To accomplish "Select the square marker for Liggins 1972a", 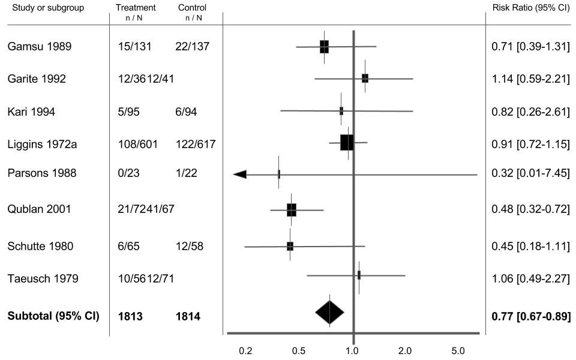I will (x=347, y=143).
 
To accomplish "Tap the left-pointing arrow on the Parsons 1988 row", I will (x=240, y=174).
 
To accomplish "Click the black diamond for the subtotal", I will (x=330, y=312).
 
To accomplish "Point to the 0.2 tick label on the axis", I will (x=245, y=350).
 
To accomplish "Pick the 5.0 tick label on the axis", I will (x=458, y=350).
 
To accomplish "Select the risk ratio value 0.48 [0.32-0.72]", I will (x=530, y=209).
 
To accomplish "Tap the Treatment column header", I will (x=136, y=8).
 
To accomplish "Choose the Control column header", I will (x=192, y=8).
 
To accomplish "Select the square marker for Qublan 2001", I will (x=292, y=210).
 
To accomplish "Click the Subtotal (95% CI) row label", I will (x=53, y=316).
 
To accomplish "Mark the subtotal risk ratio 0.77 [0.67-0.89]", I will (x=530, y=316).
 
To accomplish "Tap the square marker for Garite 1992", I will (x=365, y=78).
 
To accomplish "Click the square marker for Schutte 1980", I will (x=290, y=246).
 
